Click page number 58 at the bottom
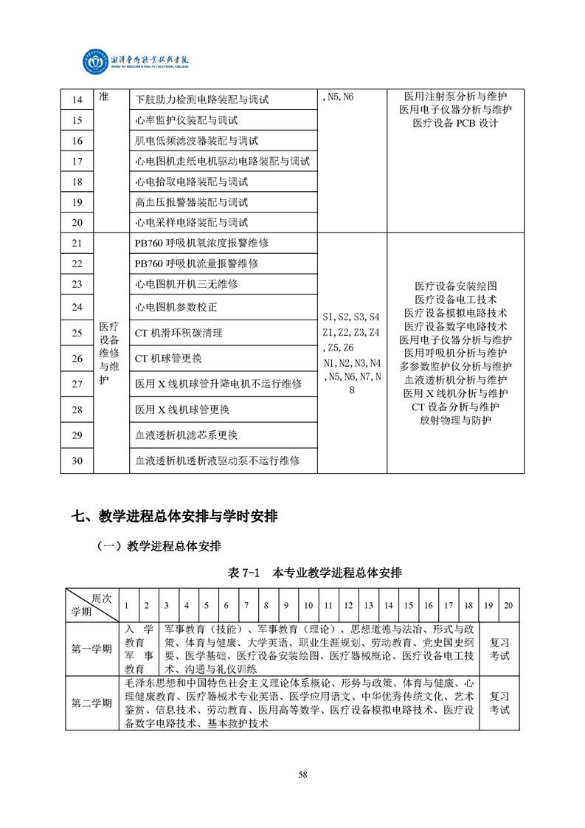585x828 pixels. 302,774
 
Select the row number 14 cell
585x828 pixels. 77,100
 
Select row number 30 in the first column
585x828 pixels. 77,460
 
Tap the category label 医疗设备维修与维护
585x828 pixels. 108,353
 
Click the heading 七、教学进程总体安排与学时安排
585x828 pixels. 174,517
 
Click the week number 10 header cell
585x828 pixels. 308,606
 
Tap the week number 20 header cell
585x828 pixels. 508,606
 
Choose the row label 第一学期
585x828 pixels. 91,649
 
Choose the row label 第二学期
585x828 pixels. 91,703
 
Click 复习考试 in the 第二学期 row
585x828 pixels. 499,703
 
